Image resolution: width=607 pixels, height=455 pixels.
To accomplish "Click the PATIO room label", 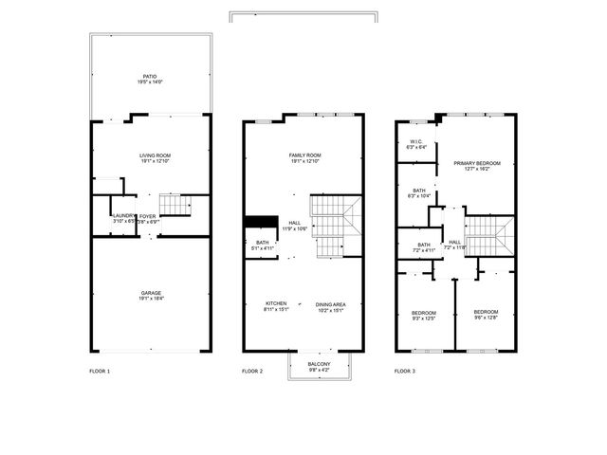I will [x=149, y=76].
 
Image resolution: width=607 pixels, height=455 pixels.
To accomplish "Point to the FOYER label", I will [x=148, y=216].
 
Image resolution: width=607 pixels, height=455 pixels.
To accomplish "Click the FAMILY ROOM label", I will [x=304, y=155].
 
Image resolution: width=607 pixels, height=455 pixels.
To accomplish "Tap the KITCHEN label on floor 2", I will [x=275, y=304].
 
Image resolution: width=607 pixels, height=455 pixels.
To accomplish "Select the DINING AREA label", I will [x=330, y=304].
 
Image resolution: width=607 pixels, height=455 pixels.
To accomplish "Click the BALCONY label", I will [x=320, y=364].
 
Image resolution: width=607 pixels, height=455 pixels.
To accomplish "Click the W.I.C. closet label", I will [x=415, y=143].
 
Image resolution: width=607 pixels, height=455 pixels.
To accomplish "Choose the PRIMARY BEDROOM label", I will [x=476, y=163].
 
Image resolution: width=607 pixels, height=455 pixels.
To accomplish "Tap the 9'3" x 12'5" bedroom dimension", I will [x=423, y=318].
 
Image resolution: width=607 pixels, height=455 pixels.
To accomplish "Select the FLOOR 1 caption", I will [x=100, y=371].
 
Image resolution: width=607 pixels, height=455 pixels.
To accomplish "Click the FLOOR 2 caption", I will [x=252, y=371].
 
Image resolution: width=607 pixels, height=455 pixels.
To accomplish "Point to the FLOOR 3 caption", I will [x=405, y=371].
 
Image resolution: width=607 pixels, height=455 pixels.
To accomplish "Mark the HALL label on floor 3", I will [x=454, y=242].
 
